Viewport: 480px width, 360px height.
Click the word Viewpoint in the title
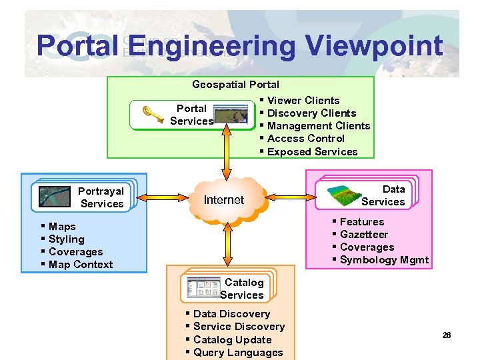373,46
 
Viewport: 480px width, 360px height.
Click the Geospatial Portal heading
235,85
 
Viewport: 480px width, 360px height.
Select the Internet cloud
224,199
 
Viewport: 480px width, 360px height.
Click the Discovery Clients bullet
311,113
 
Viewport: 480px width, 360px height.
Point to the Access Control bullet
305,139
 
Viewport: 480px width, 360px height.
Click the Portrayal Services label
101,197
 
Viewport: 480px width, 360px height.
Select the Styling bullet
66,239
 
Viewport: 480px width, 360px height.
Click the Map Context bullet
81,265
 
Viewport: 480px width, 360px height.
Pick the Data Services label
383,195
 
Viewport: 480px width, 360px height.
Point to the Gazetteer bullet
363,235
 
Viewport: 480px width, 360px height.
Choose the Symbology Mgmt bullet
384,260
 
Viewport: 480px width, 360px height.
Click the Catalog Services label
243,289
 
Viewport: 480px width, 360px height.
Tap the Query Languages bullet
237,353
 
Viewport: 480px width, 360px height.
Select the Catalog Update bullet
232,340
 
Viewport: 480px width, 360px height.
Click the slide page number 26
447,335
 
